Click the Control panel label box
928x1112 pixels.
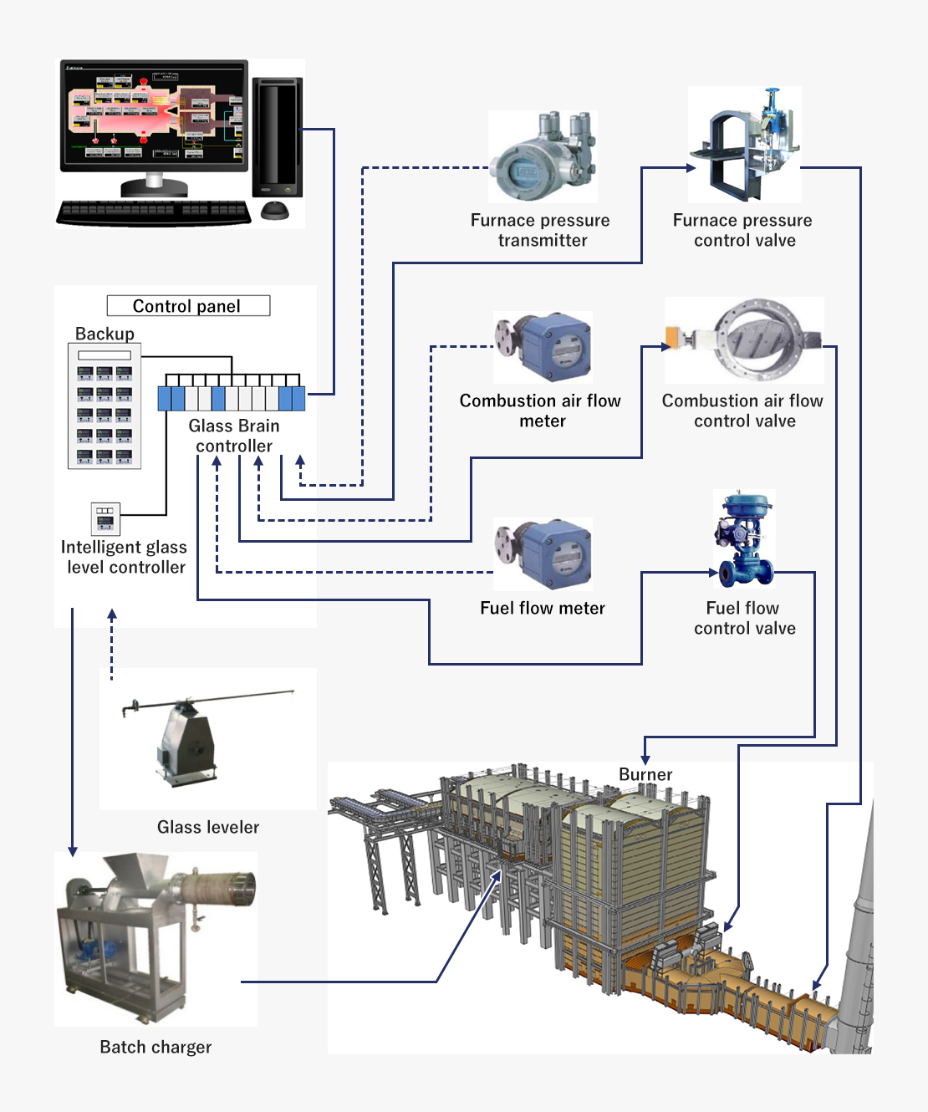[x=188, y=306]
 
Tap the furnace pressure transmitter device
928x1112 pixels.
[x=543, y=158]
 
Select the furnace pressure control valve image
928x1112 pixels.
[x=744, y=145]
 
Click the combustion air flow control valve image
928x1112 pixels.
[x=744, y=340]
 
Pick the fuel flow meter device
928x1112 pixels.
[x=543, y=553]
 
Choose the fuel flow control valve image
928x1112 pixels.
[x=743, y=539]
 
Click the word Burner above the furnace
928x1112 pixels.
[x=645, y=775]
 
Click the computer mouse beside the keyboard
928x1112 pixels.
[x=275, y=210]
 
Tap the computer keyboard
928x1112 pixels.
[x=154, y=212]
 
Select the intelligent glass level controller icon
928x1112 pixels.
[x=105, y=518]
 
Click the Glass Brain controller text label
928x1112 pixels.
[x=234, y=436]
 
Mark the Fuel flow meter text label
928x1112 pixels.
[x=543, y=609]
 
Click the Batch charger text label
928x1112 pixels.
[x=156, y=1048]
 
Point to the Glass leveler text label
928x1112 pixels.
[x=208, y=828]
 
